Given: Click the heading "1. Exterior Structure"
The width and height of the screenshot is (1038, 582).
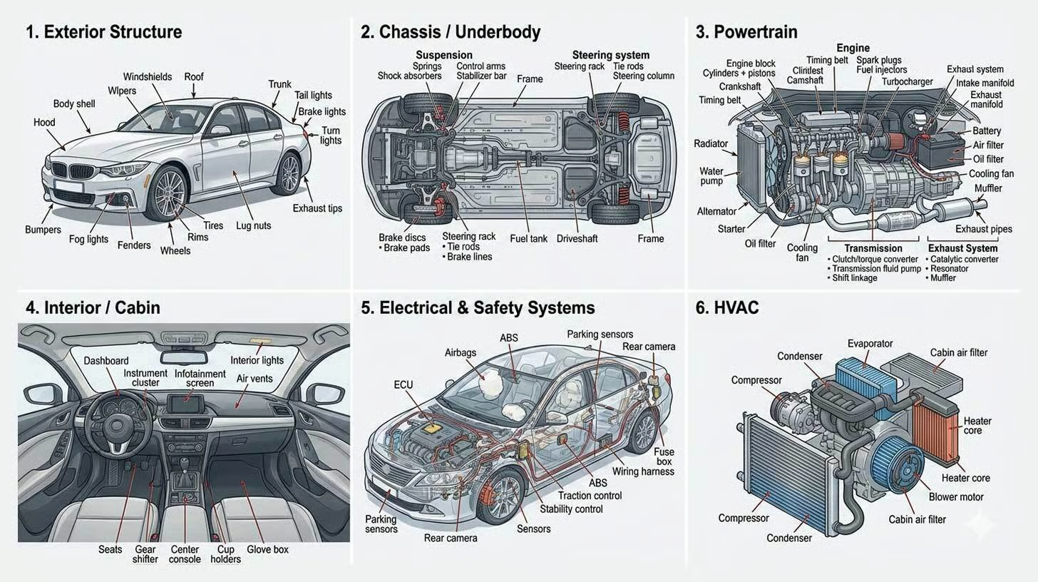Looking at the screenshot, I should pos(103,32).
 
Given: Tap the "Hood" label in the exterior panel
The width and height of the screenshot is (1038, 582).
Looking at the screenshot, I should pos(44,123).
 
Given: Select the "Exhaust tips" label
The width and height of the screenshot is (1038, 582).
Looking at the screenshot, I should pos(317,208).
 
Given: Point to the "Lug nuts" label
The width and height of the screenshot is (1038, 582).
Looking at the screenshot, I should pos(253,225).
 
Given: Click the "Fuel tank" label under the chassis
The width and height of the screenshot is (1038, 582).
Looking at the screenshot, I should pos(528,238).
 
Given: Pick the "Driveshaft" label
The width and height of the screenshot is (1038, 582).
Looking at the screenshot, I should pos(577,238).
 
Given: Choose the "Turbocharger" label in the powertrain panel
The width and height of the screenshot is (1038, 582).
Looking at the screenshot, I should pos(907,81).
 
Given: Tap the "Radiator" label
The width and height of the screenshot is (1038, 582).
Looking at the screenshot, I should pos(711,144).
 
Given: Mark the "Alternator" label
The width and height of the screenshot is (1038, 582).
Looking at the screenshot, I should pos(716,211).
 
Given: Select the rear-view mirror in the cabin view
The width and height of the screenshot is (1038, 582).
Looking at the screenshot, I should pos(184,357).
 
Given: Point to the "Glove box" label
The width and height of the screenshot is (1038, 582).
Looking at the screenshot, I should pos(267,549).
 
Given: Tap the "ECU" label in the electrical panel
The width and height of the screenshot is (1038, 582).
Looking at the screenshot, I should pos(403,385).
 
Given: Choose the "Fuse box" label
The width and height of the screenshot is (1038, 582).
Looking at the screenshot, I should pos(664,456).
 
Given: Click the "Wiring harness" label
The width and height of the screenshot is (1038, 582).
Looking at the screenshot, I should pos(643,471).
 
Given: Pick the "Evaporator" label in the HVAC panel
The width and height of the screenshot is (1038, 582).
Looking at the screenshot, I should pos(870,344).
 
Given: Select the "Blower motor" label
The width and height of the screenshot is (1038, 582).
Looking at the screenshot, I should pos(956,496).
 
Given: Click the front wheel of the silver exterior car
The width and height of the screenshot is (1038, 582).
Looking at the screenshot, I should pos(168,193).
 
